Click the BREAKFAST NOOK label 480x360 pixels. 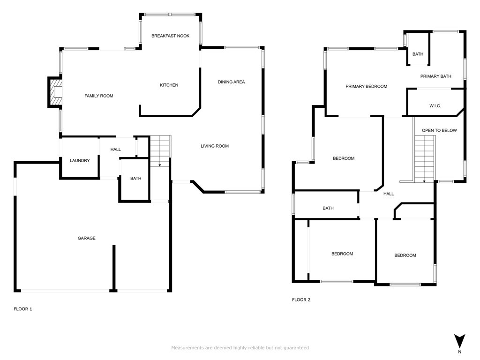pos(170,36)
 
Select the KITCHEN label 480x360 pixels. pos(169,85)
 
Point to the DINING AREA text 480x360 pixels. pos(231,82)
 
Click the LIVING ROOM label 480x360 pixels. pos(215,146)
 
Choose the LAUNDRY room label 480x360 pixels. pos(80,160)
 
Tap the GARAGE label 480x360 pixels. pos(86,238)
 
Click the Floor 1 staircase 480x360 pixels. pos(160,151)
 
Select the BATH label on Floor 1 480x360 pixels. pos(135,178)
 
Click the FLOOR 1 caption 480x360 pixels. pos(23,309)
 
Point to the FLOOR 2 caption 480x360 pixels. pos(301,300)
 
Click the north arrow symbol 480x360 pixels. pos(459,342)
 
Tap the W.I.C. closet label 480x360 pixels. pos(435,106)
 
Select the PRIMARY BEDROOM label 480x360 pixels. pos(367,86)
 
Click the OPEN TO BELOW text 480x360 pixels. pos(439,130)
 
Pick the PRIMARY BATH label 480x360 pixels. pos(435,76)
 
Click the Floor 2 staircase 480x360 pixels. pos(425,159)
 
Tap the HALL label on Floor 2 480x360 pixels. pos(389,194)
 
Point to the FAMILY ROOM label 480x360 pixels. pos(99,96)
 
